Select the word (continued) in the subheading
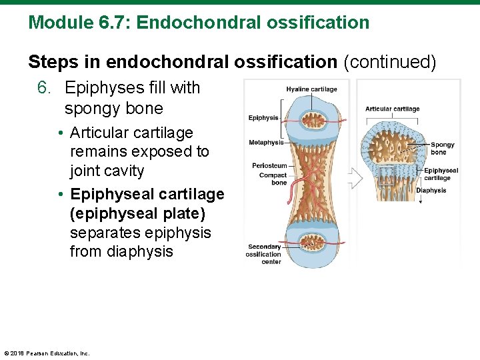tap(389, 62)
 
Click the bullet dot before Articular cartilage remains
tap(61, 133)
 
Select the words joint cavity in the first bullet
tap(107, 171)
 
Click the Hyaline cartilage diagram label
tap(311, 89)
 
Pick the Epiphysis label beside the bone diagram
tap(263, 118)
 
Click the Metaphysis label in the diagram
tap(265, 142)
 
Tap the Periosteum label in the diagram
tap(269, 165)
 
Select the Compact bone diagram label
tap(273, 179)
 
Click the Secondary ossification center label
tap(263, 254)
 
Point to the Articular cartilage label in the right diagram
tap(392, 109)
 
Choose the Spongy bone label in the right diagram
tap(443, 148)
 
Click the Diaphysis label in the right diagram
tap(431, 191)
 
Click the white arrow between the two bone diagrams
tap(353, 178)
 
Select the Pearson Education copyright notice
tap(47, 353)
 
